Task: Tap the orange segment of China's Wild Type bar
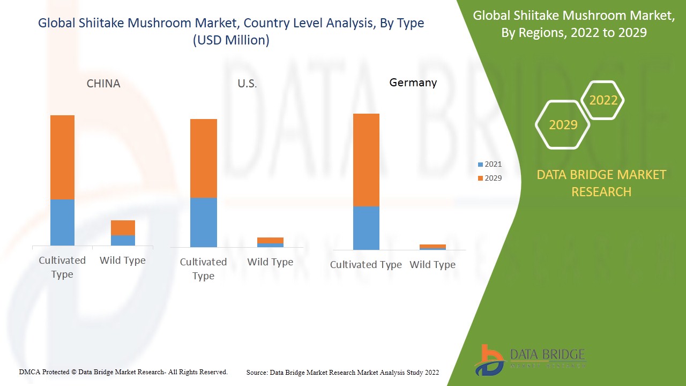123,228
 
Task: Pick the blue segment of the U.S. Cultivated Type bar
203,222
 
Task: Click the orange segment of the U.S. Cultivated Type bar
203,158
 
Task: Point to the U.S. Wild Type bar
270,242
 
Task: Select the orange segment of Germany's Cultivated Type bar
366,160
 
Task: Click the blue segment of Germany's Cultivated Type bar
366,228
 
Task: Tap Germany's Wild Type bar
433,247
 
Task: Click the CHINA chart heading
103,84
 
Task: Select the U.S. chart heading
247,84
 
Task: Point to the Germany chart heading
413,83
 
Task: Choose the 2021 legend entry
490,164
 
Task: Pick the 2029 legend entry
490,178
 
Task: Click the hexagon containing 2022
603,100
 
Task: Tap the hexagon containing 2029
563,125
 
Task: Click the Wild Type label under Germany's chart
433,265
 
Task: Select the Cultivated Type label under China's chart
62,267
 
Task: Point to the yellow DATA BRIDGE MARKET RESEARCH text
601,183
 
